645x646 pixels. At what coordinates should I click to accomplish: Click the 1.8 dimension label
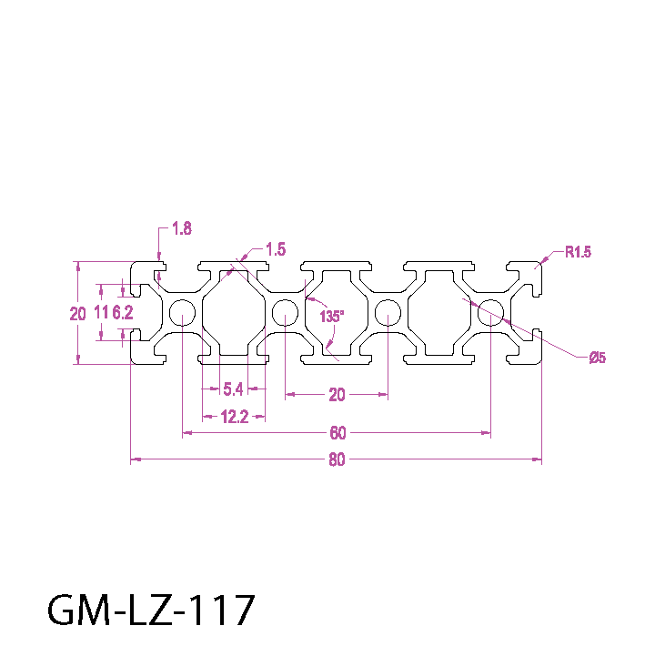pyautogui.click(x=181, y=229)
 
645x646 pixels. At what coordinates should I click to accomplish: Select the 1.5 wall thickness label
pyautogui.click(x=276, y=248)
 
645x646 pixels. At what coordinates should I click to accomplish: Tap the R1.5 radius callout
pyautogui.click(x=578, y=252)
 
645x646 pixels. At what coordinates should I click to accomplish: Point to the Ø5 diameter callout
pyautogui.click(x=597, y=358)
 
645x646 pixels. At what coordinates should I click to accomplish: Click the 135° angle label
pyautogui.click(x=332, y=317)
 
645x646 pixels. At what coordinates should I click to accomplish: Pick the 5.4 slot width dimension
pyautogui.click(x=233, y=389)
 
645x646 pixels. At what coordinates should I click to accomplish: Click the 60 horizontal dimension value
pyautogui.click(x=338, y=432)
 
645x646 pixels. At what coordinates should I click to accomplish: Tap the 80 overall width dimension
pyautogui.click(x=337, y=459)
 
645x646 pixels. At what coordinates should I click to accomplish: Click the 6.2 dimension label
pyautogui.click(x=123, y=314)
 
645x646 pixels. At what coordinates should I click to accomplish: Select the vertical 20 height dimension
pyautogui.click(x=77, y=314)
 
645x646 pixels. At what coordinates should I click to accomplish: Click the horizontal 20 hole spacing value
pyautogui.click(x=337, y=394)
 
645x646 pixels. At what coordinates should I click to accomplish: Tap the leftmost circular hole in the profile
pyautogui.click(x=182, y=313)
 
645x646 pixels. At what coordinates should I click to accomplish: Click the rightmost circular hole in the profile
pyautogui.click(x=491, y=313)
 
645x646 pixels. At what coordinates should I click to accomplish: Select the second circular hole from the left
pyautogui.click(x=285, y=313)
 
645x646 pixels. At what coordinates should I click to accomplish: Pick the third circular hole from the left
pyautogui.click(x=388, y=313)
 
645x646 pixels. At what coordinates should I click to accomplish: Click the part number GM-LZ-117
pyautogui.click(x=150, y=611)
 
